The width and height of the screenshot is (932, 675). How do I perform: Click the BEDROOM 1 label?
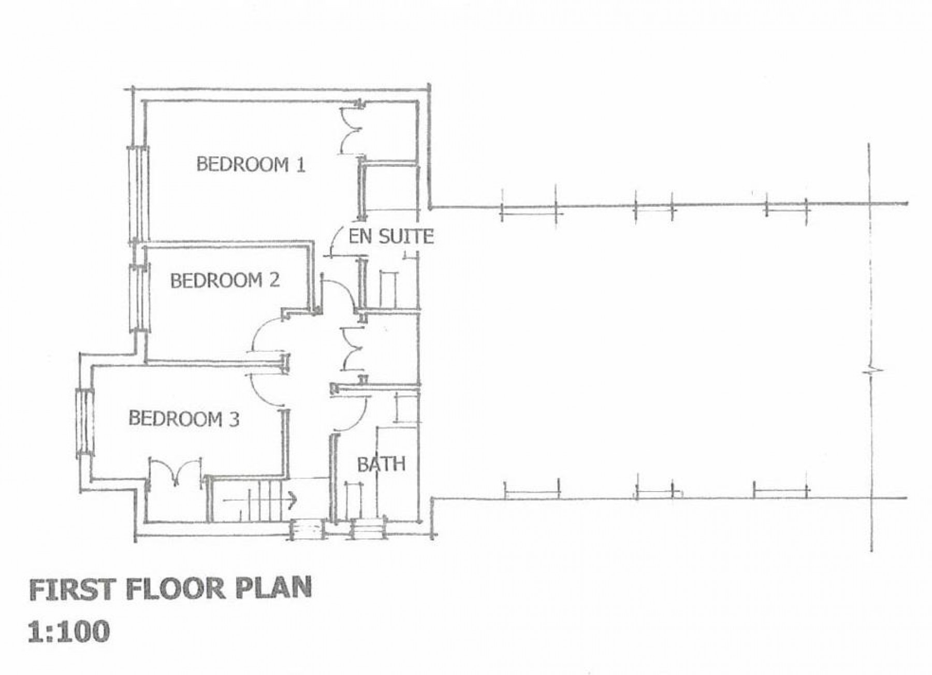[x=251, y=165]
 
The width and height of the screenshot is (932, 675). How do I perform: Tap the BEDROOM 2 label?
[x=225, y=281]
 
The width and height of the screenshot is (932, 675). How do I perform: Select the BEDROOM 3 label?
[x=184, y=419]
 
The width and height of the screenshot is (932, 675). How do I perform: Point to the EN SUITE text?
[x=391, y=237]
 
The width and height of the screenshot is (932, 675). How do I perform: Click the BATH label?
[x=381, y=464]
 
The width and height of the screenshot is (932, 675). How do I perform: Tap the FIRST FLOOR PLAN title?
[x=170, y=589]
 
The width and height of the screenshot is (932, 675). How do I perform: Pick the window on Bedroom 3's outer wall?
[x=84, y=423]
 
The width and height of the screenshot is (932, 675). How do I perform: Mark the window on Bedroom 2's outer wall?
[x=138, y=297]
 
